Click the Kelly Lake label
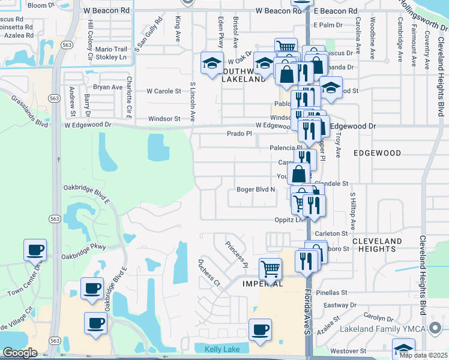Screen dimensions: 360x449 pyautogui.click(x=222, y=349)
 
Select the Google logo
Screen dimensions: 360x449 pyautogui.click(x=20, y=352)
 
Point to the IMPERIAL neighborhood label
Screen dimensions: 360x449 pyautogui.click(x=262, y=284)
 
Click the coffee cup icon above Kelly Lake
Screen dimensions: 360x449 pyautogui.click(x=260, y=329)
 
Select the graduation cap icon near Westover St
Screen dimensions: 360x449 pyautogui.click(x=403, y=349)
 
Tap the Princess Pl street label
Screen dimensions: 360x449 pyautogui.click(x=237, y=254)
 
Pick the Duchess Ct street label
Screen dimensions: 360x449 pyautogui.click(x=209, y=273)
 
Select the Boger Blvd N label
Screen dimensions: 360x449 pyautogui.click(x=256, y=189)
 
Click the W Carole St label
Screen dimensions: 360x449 pyautogui.click(x=164, y=92)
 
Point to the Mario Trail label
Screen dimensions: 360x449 pyautogui.click(x=112, y=49)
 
